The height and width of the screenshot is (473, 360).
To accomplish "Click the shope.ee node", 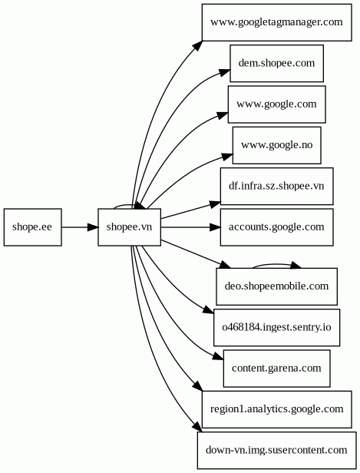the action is point(32,227).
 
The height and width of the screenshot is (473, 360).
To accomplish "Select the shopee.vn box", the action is point(130,227).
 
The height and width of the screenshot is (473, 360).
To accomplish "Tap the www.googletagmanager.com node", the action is point(276,22).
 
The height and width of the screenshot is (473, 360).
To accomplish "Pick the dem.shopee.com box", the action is point(276,63).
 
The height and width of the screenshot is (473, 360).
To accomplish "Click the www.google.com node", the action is point(276,104).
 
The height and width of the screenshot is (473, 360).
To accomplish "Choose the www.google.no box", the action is point(276,145).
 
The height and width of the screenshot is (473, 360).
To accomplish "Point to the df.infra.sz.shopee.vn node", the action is point(276,186).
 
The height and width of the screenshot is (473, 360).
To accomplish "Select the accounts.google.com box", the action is point(276,227).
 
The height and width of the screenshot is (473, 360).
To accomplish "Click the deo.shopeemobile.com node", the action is point(276,286).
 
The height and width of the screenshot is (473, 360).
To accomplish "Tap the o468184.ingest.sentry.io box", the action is point(276,327).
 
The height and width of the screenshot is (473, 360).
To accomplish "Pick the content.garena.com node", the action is point(276,369).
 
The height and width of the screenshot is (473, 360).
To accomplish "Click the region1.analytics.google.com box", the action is point(276,409).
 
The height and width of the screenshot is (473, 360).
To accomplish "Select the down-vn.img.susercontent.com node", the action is point(276,450).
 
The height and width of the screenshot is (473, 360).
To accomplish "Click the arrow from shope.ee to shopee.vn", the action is point(80,227).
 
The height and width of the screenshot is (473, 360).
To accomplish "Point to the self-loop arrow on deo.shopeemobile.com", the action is point(276,265).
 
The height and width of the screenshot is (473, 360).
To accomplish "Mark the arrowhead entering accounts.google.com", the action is point(215,227).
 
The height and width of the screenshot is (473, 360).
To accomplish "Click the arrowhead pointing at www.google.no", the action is point(228,157).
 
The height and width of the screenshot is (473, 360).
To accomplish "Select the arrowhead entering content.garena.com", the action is point(218,356).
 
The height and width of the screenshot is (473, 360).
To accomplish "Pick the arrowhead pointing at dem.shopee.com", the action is point(225,72).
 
